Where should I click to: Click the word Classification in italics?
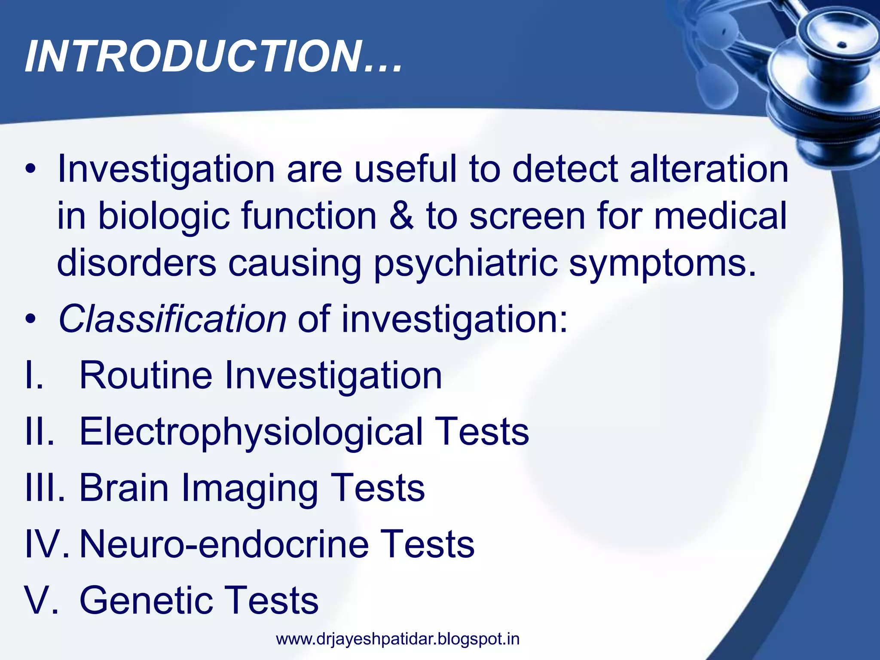point(172,319)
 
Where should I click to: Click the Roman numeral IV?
point(45,544)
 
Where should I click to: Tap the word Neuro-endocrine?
point(224,544)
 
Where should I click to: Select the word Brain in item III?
point(124,488)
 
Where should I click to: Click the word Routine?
point(146,375)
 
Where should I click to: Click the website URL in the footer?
point(397,639)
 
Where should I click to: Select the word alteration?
point(709,169)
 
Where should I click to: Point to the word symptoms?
point(662,263)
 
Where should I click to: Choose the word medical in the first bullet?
point(720,216)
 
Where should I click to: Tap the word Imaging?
point(249,489)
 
